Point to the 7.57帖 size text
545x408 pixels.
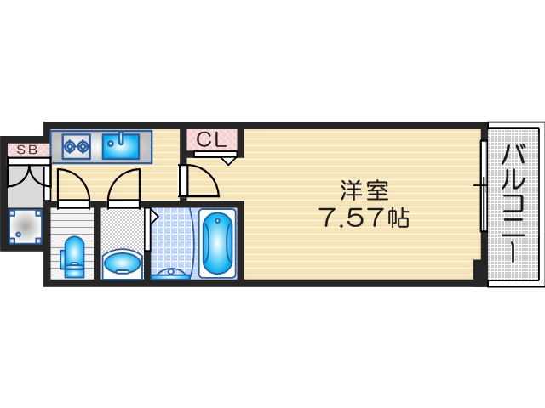[x=364, y=218]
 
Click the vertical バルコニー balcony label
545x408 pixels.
[x=513, y=204]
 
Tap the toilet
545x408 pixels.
[x=75, y=256]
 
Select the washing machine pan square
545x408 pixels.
[x=26, y=227]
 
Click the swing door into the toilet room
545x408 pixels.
[x=71, y=188]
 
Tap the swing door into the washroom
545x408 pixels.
[x=123, y=187]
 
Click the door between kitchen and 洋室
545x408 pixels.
[x=197, y=180]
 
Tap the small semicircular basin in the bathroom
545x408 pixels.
[x=172, y=274]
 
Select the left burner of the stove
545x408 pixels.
[x=69, y=146]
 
